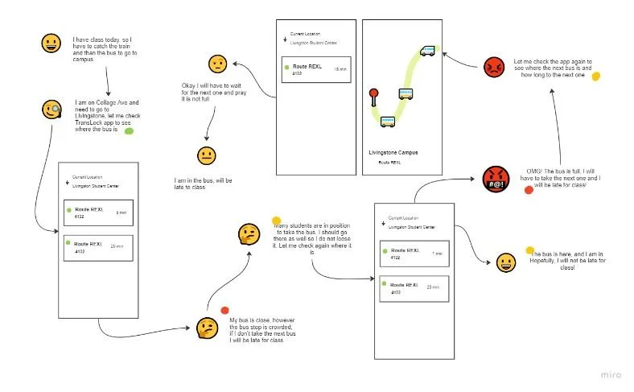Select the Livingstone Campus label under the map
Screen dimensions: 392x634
(x=393, y=153)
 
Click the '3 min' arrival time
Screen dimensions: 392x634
(x=121, y=213)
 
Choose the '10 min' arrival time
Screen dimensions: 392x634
(x=340, y=71)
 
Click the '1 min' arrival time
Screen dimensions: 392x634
(x=438, y=254)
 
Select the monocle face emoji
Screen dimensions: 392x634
(x=52, y=109)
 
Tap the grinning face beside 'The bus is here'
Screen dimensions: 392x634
(x=505, y=262)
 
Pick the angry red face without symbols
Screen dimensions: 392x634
(x=492, y=68)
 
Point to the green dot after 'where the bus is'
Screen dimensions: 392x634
(x=129, y=130)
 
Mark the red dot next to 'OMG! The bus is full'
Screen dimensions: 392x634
(x=529, y=190)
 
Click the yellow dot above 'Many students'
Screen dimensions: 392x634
(x=276, y=221)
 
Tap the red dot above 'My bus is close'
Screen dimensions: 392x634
(x=224, y=309)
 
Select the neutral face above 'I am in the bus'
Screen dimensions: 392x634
(x=206, y=156)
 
